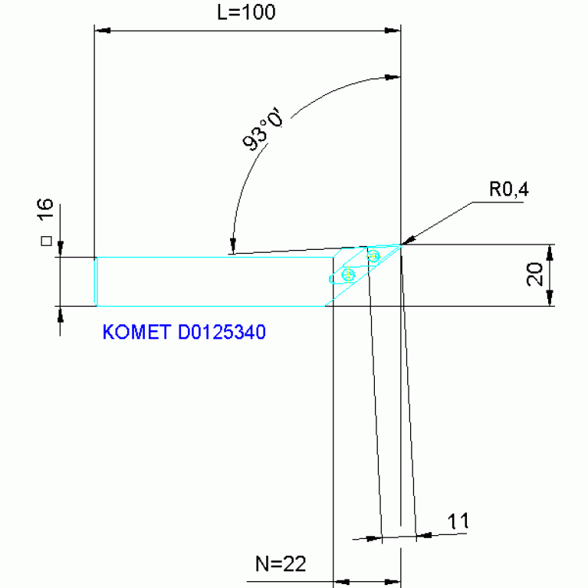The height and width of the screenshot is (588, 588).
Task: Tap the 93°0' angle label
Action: (x=263, y=130)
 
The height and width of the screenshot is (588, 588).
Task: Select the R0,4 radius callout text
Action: (x=509, y=190)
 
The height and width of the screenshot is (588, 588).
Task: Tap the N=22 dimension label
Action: (x=281, y=564)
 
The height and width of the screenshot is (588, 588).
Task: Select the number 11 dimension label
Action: (x=458, y=521)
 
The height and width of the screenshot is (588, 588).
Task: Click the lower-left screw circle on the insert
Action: (x=348, y=274)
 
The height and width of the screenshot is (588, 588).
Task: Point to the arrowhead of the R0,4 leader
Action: (x=407, y=242)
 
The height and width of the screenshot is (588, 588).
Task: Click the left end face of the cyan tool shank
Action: (x=96, y=281)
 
